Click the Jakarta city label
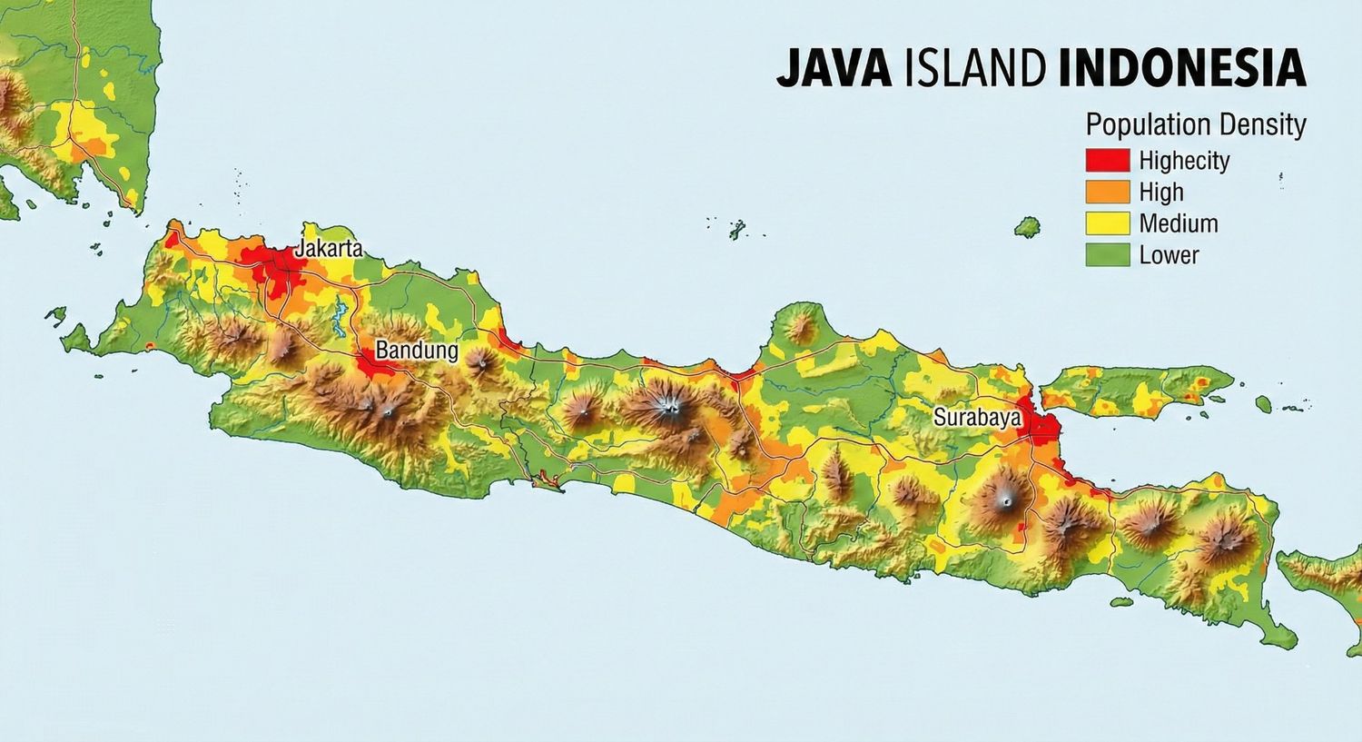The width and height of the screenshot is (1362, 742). (329, 249)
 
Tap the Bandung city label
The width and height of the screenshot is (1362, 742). (417, 351)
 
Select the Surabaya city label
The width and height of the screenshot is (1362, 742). (977, 418)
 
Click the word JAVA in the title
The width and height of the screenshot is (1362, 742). (834, 69)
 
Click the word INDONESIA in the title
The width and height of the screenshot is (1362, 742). (1182, 69)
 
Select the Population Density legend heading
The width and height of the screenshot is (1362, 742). (1195, 124)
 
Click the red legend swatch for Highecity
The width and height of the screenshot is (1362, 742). (1107, 161)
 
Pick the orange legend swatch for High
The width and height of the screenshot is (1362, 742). (1107, 192)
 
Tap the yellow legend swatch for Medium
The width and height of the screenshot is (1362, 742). (1107, 223)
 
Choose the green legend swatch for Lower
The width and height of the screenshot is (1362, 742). (1107, 254)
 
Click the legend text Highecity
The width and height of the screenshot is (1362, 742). (1184, 161)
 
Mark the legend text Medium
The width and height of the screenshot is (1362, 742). (1178, 223)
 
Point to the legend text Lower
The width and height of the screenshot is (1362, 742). (1169, 254)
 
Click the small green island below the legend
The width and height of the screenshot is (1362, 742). (1027, 226)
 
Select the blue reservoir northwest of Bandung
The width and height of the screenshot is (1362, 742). (340, 319)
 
